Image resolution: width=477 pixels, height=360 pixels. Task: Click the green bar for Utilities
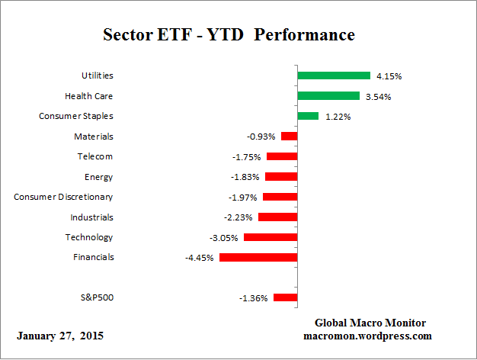coord(334,76)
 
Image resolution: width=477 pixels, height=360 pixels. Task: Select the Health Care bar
coord(328,96)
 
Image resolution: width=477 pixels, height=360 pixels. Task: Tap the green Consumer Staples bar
coord(308,116)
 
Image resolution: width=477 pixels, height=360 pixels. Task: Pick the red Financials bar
coord(258,258)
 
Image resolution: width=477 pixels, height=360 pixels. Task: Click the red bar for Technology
coord(271,237)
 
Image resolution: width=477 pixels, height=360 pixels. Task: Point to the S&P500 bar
coord(285,298)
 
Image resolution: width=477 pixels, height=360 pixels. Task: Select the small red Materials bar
coord(289,137)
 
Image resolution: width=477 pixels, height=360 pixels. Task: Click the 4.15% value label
coord(389,76)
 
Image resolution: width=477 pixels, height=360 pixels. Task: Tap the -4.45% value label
coord(200,259)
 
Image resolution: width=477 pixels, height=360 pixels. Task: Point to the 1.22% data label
coord(337,117)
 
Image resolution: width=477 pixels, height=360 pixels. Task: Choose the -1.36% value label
coord(254,298)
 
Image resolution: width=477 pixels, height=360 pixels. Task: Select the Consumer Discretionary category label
coord(63,197)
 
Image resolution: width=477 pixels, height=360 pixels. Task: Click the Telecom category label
coord(94,156)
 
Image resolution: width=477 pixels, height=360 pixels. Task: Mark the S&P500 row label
coord(96,297)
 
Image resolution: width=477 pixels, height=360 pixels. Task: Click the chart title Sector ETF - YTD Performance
coord(229,35)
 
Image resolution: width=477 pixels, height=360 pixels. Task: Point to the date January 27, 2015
coord(60,336)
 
